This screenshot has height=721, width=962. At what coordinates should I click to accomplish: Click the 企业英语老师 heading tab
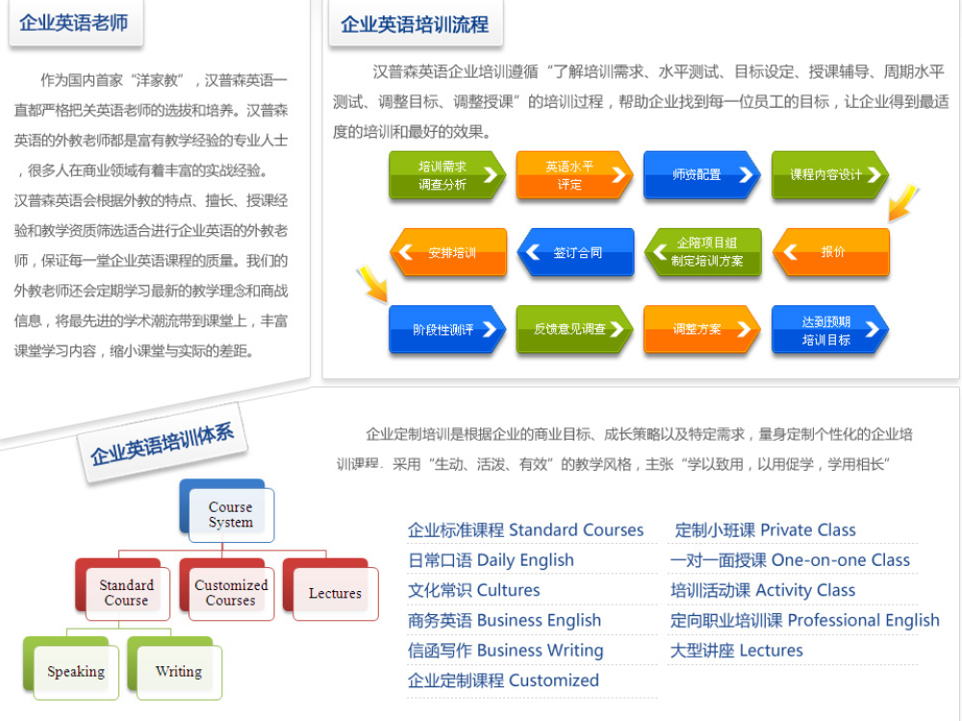[x=75, y=23]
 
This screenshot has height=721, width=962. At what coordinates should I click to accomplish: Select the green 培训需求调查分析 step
[x=447, y=175]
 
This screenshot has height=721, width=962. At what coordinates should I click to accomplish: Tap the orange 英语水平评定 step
[x=574, y=175]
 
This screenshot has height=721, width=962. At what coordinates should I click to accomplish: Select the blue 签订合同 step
[x=575, y=252]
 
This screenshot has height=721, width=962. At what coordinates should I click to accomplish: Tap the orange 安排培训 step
[x=448, y=252]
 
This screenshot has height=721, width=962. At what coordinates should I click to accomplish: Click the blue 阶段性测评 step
[x=447, y=329]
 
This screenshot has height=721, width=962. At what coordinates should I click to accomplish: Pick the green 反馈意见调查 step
[x=574, y=329]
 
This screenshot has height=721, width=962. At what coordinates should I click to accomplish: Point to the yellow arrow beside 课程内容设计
[x=902, y=203]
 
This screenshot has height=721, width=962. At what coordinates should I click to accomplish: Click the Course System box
[x=227, y=511]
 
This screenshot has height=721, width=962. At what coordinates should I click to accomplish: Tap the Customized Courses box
[x=227, y=589]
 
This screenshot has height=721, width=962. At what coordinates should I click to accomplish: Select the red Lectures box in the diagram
[x=331, y=589]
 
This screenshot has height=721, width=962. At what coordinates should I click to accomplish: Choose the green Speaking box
[x=71, y=668]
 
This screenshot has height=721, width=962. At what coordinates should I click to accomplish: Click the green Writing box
[x=175, y=668]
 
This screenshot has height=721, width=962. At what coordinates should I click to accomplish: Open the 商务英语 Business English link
[x=504, y=620]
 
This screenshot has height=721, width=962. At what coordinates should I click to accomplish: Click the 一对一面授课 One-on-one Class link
[x=790, y=560]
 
